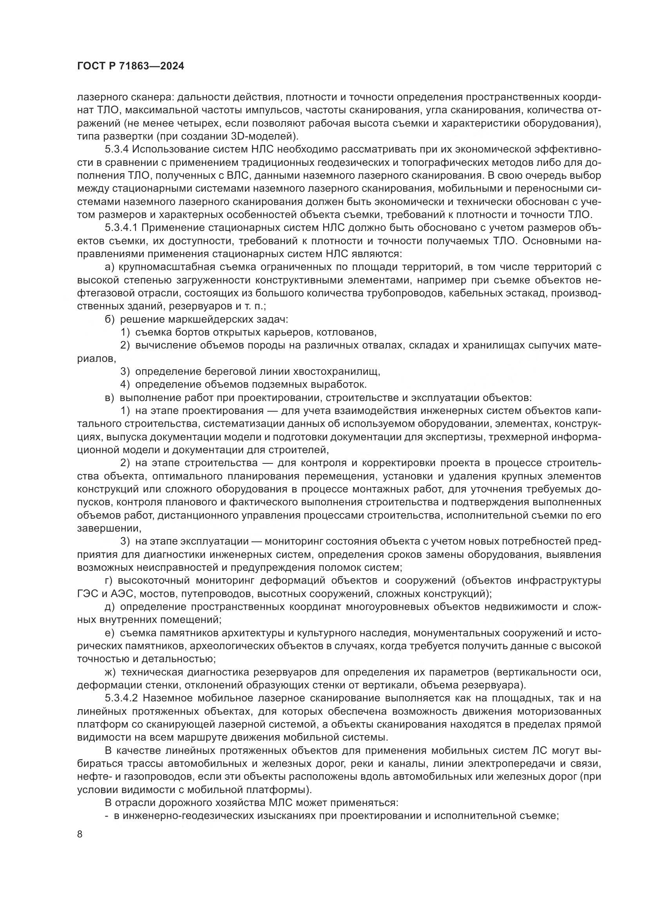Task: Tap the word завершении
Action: tap(109, 528)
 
